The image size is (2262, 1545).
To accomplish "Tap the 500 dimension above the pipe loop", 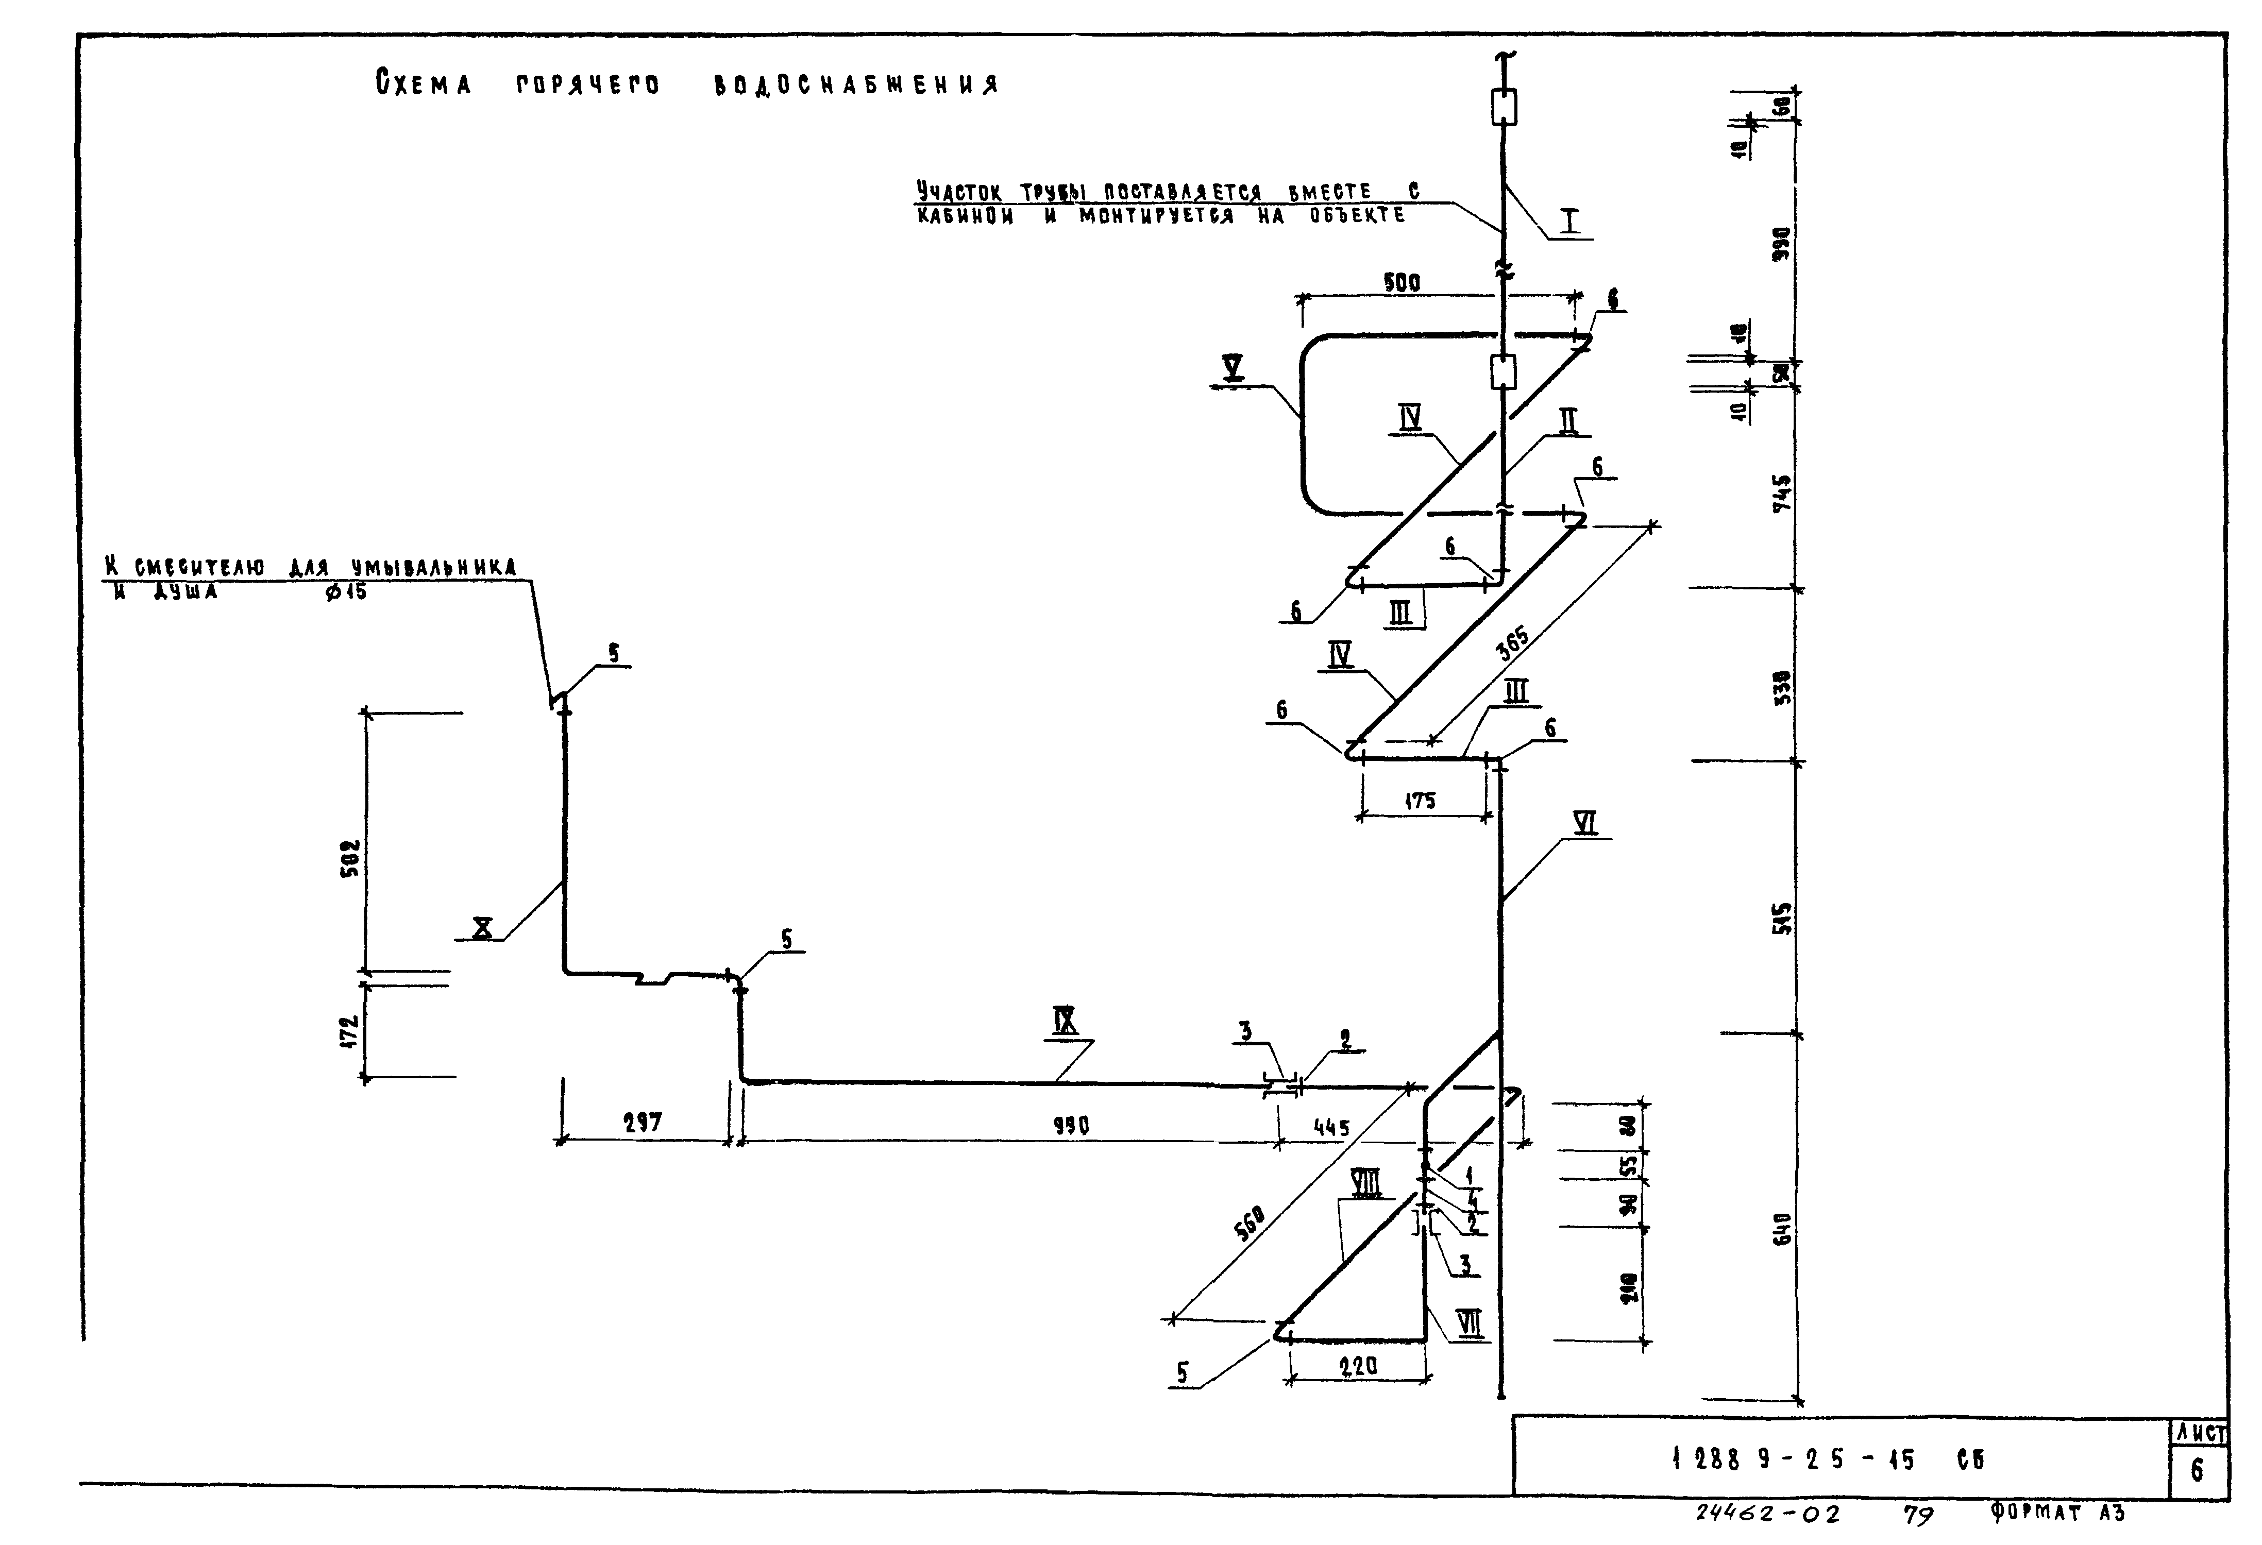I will (x=1402, y=283).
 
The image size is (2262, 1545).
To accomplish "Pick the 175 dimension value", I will (x=1420, y=801).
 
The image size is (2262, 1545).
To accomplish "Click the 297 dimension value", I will (x=643, y=1123).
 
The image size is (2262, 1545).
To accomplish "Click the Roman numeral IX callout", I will (x=1065, y=1021).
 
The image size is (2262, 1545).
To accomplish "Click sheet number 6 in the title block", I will (x=2197, y=1470).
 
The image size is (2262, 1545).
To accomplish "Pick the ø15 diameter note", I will (x=346, y=590).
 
